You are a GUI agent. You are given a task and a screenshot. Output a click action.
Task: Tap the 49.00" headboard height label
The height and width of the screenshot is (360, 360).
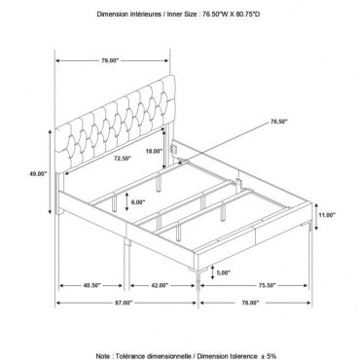point(38,173)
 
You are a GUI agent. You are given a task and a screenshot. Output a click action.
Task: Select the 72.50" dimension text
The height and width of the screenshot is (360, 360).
point(123,159)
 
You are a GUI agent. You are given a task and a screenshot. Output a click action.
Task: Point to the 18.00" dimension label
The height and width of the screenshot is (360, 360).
point(154,151)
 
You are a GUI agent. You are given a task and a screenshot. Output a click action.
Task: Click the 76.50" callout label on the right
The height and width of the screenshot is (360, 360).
point(278,122)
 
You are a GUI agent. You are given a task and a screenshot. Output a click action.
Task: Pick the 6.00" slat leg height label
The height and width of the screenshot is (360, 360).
point(138,202)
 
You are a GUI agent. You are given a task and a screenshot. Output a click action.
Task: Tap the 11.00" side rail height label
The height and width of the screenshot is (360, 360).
point(327,215)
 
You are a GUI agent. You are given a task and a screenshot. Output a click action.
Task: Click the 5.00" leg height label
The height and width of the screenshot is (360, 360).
point(224,273)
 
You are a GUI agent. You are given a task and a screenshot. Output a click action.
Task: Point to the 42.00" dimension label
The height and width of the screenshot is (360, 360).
point(160,286)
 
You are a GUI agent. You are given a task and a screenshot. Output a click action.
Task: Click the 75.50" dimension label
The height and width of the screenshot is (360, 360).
point(267,286)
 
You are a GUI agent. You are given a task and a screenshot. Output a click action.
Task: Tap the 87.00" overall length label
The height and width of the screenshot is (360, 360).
point(124,303)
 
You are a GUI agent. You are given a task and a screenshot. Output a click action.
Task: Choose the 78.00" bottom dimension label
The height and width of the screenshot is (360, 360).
point(251,303)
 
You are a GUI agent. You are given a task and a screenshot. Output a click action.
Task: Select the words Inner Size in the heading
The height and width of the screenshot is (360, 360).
point(182,15)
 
